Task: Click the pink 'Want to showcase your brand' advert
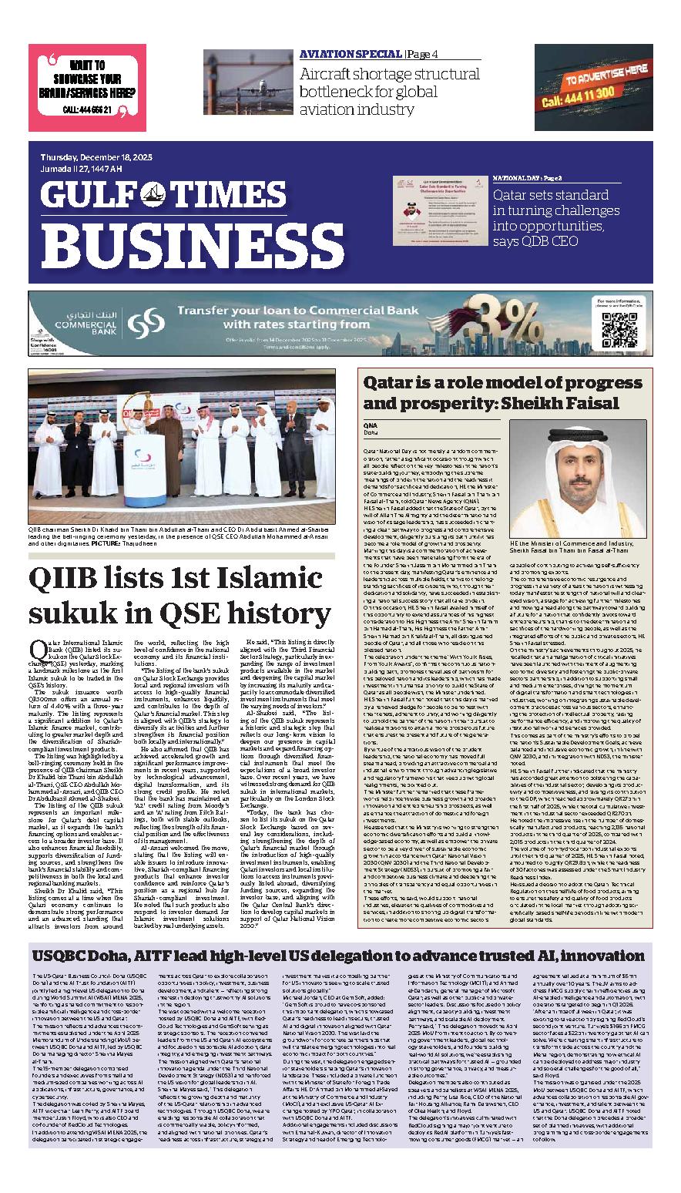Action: click(87, 87)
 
